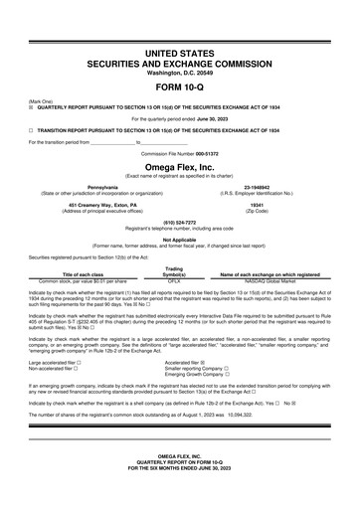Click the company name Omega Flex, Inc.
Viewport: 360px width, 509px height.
click(x=179, y=169)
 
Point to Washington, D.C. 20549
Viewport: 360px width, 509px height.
click(x=179, y=72)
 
